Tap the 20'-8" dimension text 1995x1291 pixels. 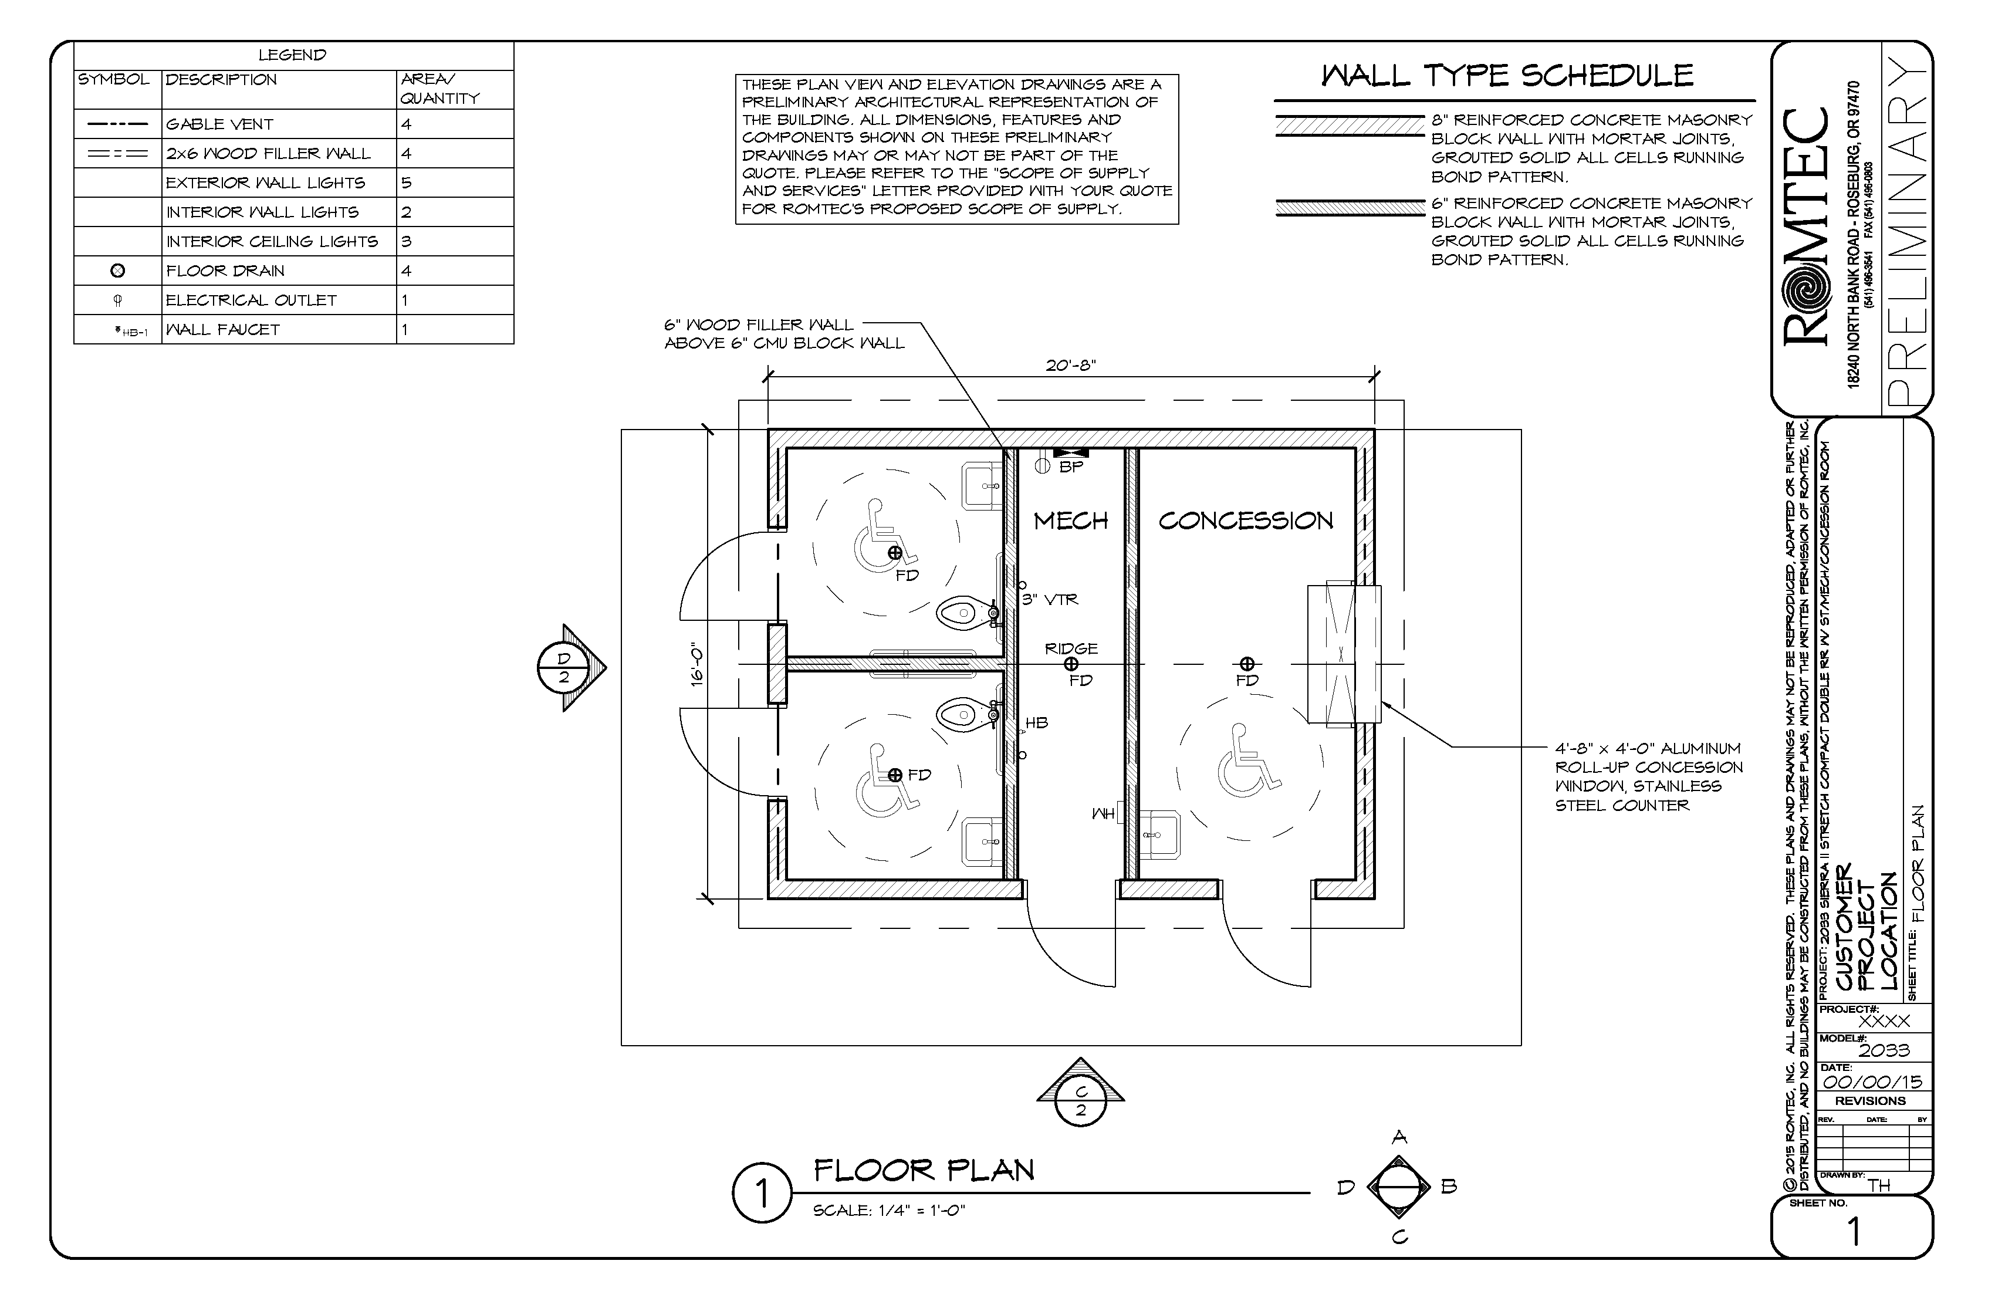(x=1070, y=366)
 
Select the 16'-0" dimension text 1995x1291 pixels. (x=696, y=667)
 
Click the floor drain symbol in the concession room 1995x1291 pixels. (x=1247, y=664)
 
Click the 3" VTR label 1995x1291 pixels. (x=1050, y=599)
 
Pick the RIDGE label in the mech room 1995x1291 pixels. (x=1070, y=648)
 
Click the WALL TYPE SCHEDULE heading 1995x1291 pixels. (x=1507, y=76)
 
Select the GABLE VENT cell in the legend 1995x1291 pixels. (x=219, y=124)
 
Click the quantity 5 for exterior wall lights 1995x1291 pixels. (x=407, y=183)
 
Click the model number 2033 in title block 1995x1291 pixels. (x=1884, y=1050)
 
